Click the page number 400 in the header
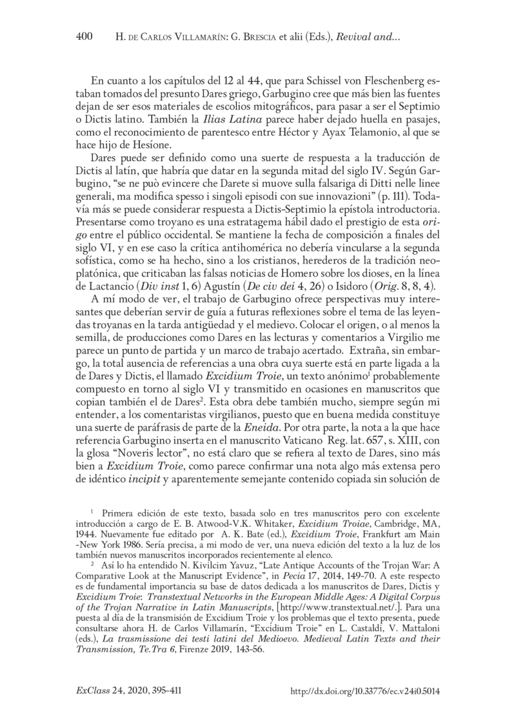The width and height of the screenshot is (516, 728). point(84,39)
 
